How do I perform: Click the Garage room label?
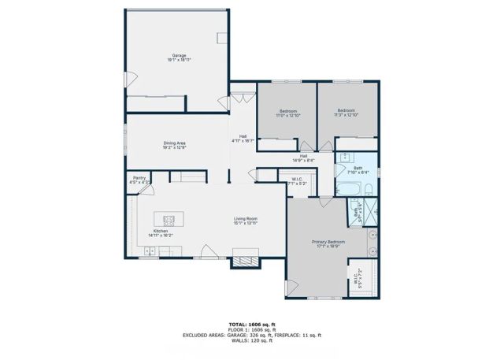point(179,55)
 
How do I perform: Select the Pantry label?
point(139,180)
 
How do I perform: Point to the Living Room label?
point(246,220)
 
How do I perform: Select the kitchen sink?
point(149,253)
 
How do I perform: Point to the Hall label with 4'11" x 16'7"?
point(243,140)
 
